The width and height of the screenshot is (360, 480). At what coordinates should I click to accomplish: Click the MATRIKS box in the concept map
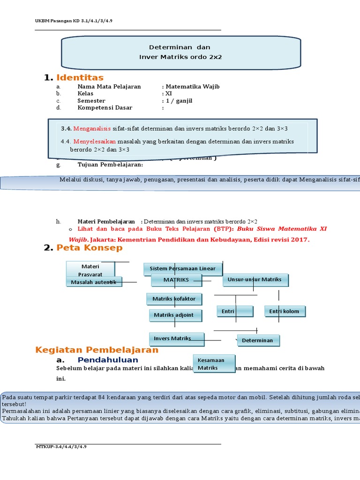click(x=176, y=280)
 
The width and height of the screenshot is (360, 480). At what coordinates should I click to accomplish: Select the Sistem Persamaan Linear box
click(x=183, y=269)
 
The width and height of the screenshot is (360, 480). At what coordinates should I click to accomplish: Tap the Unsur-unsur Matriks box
click(x=255, y=280)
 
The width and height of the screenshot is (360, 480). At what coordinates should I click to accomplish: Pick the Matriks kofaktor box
click(x=174, y=299)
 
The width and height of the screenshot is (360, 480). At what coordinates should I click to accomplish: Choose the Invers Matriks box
click(x=177, y=338)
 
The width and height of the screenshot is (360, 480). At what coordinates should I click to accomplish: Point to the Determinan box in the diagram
click(x=258, y=340)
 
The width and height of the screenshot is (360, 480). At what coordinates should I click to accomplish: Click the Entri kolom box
click(x=285, y=311)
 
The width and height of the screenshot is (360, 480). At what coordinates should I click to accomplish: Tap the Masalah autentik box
click(x=94, y=282)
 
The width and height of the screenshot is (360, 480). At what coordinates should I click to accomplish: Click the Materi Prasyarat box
click(x=90, y=270)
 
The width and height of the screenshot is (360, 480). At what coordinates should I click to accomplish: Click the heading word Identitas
click(x=80, y=77)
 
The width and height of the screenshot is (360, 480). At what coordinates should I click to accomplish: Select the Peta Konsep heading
click(x=90, y=248)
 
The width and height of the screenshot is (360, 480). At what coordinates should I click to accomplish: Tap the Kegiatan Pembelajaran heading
click(x=97, y=350)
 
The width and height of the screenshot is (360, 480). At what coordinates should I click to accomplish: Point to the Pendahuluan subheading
click(x=108, y=360)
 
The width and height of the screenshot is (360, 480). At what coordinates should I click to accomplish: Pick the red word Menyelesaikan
click(x=95, y=142)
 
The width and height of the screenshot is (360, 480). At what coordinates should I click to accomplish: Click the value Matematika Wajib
click(x=192, y=87)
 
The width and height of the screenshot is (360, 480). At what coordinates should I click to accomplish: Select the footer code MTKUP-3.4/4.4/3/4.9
click(x=61, y=447)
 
